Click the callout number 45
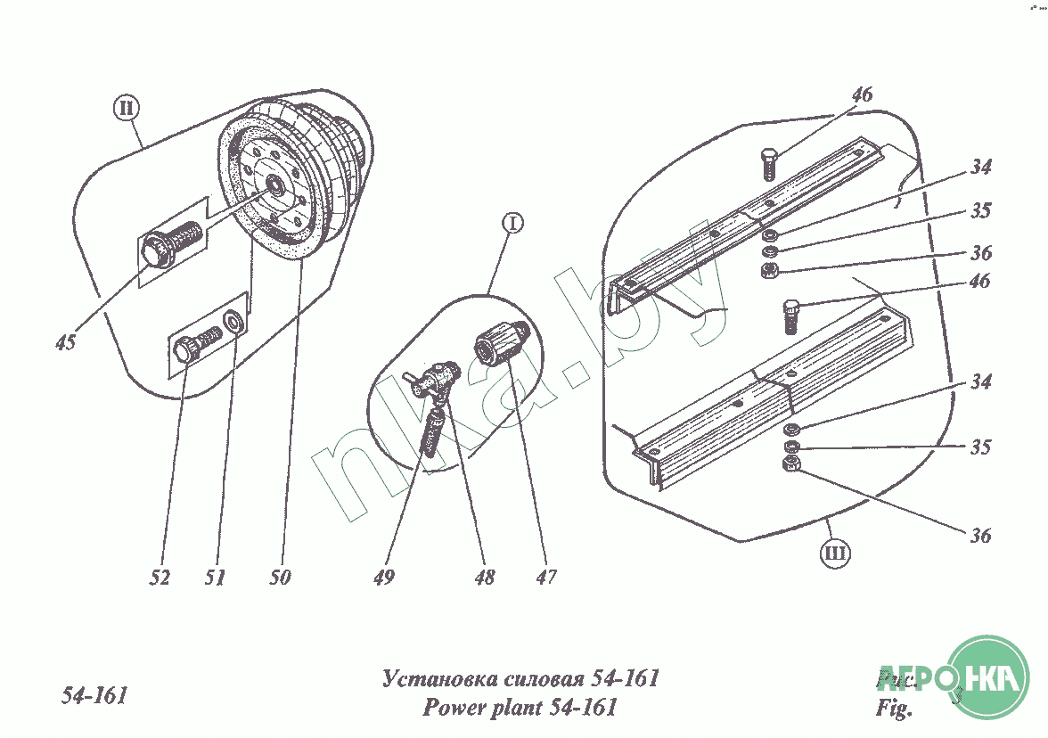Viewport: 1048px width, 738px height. click(x=64, y=342)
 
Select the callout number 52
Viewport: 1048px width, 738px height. click(x=160, y=578)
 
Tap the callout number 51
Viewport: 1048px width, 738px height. click(x=214, y=578)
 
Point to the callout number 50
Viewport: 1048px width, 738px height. click(x=280, y=578)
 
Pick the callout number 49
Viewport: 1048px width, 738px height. click(x=383, y=578)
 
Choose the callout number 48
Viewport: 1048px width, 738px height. click(x=485, y=578)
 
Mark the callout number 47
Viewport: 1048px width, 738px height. click(x=545, y=578)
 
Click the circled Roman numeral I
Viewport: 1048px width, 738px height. click(x=512, y=225)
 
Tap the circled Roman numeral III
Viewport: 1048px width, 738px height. click(x=835, y=554)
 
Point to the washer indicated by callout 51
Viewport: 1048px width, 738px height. click(x=233, y=320)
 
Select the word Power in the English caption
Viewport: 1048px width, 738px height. click(x=454, y=709)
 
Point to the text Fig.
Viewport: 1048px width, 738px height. click(x=895, y=710)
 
